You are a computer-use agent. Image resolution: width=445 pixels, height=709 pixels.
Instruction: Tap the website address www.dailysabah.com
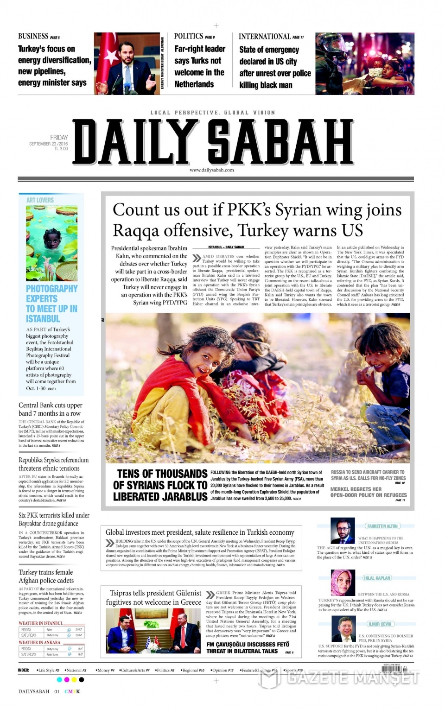(211, 170)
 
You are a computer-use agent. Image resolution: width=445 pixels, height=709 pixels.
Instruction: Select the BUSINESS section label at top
(33, 36)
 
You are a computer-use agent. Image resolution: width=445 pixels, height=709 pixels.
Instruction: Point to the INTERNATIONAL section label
(265, 37)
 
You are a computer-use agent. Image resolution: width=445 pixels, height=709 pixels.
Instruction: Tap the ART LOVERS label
(40, 200)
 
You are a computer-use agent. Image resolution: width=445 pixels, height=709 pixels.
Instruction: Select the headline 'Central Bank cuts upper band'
(50, 409)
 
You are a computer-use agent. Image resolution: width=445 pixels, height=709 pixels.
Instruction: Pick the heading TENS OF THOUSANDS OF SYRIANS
(160, 485)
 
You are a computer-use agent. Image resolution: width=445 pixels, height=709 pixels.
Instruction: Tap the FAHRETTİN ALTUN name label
(382, 526)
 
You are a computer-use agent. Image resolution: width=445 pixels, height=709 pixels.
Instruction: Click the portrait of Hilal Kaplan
(343, 582)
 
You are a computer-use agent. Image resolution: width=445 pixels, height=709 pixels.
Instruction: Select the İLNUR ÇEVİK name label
(380, 624)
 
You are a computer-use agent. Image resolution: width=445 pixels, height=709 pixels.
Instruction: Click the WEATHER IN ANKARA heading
(39, 642)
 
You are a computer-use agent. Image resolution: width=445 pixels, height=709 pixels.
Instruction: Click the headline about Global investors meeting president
(200, 532)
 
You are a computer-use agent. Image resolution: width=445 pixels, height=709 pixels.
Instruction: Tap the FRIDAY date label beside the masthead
(59, 138)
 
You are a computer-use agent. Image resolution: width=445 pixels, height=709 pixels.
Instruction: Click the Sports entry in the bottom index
(293, 670)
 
